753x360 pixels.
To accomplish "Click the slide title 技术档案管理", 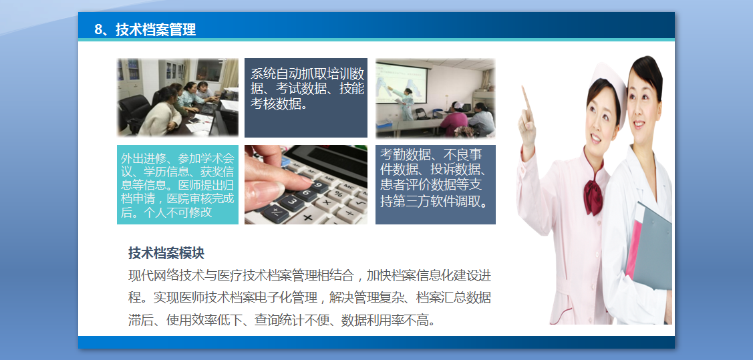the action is click(156, 30).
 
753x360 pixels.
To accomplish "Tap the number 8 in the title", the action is click(98, 30).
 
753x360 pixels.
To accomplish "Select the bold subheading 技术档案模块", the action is click(166, 253).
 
